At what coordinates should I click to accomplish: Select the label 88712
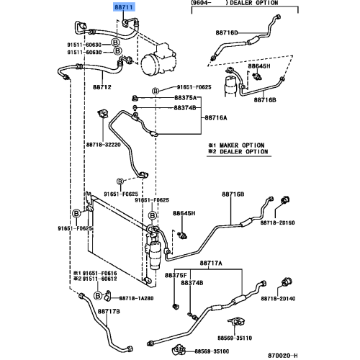pyautogui.click(x=102, y=87)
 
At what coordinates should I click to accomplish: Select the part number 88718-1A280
pyautogui.click(x=137, y=298)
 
